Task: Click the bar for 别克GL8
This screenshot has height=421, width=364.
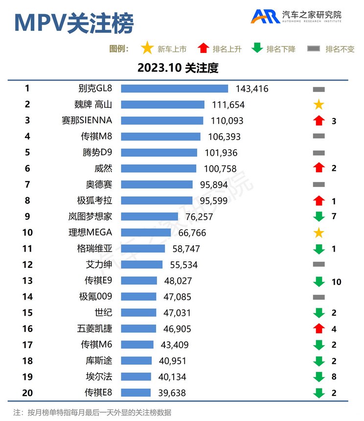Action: click(x=174, y=89)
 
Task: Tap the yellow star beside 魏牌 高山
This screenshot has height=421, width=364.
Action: click(x=318, y=104)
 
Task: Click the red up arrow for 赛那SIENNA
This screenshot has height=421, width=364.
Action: click(x=318, y=120)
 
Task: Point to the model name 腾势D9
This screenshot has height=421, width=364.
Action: click(x=96, y=152)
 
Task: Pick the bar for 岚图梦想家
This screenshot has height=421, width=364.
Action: click(x=149, y=216)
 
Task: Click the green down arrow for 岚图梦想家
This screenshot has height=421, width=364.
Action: click(x=318, y=216)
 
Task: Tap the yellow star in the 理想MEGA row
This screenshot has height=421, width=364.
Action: click(x=318, y=233)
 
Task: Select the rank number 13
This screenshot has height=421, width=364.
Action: click(x=27, y=281)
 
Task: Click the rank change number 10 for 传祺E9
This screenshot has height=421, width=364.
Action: click(x=336, y=281)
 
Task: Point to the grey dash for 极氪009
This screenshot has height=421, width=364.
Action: click(x=318, y=297)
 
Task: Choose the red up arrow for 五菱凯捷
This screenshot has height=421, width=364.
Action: click(x=318, y=328)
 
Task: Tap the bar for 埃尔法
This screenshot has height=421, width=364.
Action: click(x=136, y=377)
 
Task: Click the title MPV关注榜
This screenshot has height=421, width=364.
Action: click(x=73, y=23)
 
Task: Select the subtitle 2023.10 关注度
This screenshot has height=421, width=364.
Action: click(x=178, y=68)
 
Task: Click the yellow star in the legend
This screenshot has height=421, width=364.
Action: click(x=147, y=48)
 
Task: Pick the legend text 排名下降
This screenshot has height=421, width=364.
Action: click(x=281, y=49)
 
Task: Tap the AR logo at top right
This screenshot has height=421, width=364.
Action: click(x=265, y=17)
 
